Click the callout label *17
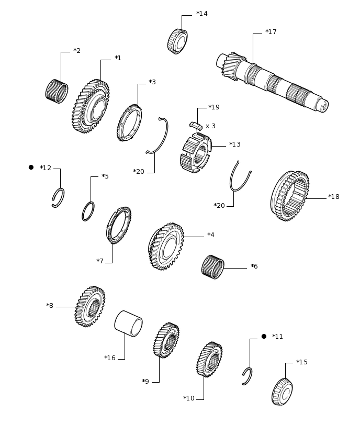pyautogui.click(x=271, y=32)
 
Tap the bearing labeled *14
pyautogui.click(x=177, y=41)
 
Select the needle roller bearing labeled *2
pyautogui.click(x=57, y=91)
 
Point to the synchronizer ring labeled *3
pyautogui.click(x=129, y=122)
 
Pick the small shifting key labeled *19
pyautogui.click(x=196, y=126)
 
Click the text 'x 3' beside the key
pyautogui.click(x=210, y=126)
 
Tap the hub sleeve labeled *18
pyautogui.click(x=290, y=196)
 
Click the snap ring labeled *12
pyautogui.click(x=58, y=198)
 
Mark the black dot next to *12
pyautogui.click(x=31, y=168)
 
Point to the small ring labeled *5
pyautogui.click(x=88, y=211)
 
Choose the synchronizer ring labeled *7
pyautogui.click(x=119, y=225)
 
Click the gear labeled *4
pyautogui.click(x=166, y=247)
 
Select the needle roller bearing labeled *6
pyautogui.click(x=213, y=267)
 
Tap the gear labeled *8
pyautogui.click(x=90, y=306)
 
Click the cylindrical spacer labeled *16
pyautogui.click(x=128, y=324)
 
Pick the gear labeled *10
pyautogui.click(x=209, y=360)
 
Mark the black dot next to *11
pyautogui.click(x=264, y=337)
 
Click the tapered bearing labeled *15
pyautogui.click(x=282, y=392)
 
